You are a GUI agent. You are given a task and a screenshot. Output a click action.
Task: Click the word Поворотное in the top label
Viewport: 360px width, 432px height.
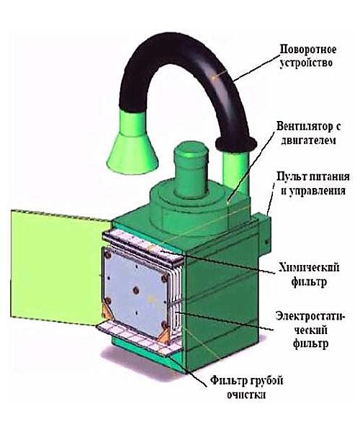coord(308,50)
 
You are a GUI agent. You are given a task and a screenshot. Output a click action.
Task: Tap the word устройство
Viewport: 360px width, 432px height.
coord(306,63)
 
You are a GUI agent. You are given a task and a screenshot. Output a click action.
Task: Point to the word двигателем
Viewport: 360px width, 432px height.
coord(308,140)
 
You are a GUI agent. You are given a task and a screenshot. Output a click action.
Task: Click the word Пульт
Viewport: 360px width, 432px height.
coord(292,176)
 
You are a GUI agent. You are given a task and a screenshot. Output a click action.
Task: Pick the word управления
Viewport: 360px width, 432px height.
coord(317,190)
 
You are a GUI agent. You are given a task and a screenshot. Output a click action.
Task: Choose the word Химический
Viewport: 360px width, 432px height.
coord(309,268)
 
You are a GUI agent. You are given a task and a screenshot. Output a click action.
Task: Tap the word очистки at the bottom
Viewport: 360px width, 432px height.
coord(246,395)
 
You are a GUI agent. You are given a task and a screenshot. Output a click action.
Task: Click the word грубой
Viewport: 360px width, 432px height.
coord(266,381)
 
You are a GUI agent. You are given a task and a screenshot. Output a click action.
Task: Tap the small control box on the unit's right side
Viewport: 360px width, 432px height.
coord(262,233)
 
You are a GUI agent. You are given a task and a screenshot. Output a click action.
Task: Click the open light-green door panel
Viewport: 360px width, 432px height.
coord(58,264)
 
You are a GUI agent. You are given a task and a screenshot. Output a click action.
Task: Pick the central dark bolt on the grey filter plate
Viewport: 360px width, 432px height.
coord(136,290)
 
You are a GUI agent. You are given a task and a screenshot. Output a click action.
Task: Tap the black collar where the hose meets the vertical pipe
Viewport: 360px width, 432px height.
coord(236,143)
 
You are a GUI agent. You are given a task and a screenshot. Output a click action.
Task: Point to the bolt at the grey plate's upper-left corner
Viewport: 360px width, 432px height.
coord(108,256)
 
